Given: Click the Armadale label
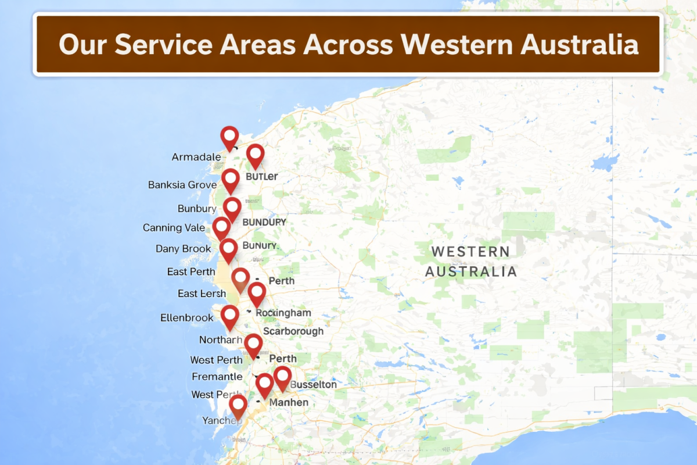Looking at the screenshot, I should [x=196, y=157].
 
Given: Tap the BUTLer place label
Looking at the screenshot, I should [x=261, y=177].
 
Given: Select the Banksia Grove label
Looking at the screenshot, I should [x=182, y=185].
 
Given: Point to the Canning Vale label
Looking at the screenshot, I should [x=174, y=228].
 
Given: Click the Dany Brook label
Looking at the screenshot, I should [x=183, y=249].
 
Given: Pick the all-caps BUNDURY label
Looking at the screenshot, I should [x=264, y=222].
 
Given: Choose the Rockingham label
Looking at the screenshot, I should [x=283, y=313].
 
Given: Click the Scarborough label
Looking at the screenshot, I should [x=293, y=331].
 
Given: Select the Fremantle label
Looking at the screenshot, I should [x=217, y=377].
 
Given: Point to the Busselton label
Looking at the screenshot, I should [x=313, y=385].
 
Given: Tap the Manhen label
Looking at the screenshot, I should [x=289, y=402].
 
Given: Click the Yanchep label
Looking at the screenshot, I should [x=221, y=420].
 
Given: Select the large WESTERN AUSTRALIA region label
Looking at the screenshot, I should [x=470, y=262].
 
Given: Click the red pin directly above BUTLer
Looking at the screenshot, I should [x=256, y=155].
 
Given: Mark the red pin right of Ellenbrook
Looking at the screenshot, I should [x=230, y=316].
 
